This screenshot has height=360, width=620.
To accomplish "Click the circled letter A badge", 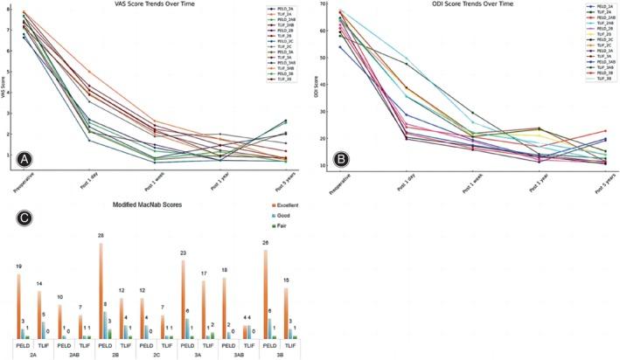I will click(x=15, y=159).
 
